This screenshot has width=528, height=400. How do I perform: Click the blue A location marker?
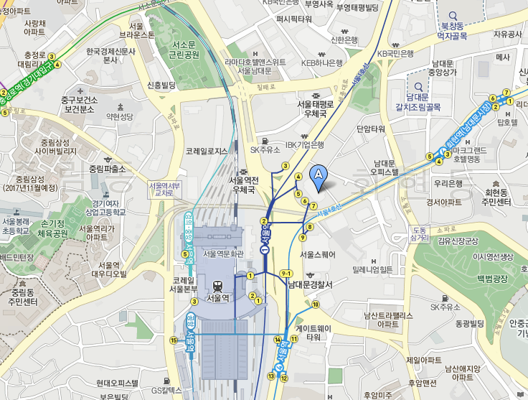click(x=319, y=175)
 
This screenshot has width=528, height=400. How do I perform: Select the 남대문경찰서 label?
click(x=310, y=284)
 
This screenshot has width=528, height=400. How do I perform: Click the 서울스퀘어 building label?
click(x=317, y=254)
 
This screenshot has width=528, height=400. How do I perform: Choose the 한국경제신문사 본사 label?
click(x=111, y=56)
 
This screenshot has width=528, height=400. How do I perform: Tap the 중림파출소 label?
click(x=107, y=169)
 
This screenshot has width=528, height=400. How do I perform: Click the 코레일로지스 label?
click(x=206, y=152)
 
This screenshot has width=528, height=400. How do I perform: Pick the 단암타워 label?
click(x=371, y=129)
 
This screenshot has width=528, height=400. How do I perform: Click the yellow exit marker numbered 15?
click(x=173, y=340)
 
